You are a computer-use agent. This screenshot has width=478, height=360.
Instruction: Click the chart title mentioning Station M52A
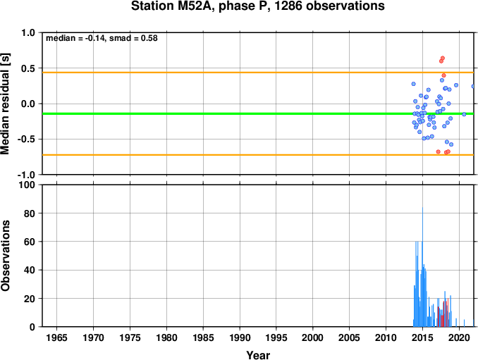pyautogui.click(x=257, y=6)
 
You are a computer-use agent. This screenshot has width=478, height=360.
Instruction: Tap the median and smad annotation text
pyautogui.click(x=102, y=38)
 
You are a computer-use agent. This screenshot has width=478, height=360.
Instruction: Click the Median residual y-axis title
pyautogui.click(x=5, y=104)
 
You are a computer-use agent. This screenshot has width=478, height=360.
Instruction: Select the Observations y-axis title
pyautogui.click(x=5, y=256)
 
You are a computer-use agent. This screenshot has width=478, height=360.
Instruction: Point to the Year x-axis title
pyautogui.click(x=258, y=355)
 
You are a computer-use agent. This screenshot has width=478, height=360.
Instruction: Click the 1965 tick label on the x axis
pyautogui.click(x=56, y=337)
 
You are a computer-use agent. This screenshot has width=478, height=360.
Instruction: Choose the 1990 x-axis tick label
pyautogui.click(x=240, y=337)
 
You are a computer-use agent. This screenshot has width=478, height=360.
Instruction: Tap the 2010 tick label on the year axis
pyautogui.click(x=386, y=337)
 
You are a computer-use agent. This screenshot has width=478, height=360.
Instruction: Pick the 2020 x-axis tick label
pyautogui.click(x=459, y=337)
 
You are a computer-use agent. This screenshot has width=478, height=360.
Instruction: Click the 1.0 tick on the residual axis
pyautogui.click(x=28, y=32)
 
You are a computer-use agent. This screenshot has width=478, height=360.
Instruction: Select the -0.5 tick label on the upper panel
pyautogui.click(x=26, y=139)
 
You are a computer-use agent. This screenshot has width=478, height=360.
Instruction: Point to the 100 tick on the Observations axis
pyautogui.click(x=27, y=185)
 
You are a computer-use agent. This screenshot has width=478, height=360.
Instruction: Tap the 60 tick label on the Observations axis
pyautogui.click(x=30, y=242)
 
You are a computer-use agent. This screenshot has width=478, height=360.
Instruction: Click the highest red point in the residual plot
pyautogui.click(x=443, y=58)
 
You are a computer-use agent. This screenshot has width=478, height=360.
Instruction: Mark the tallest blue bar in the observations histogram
pyautogui.click(x=422, y=267)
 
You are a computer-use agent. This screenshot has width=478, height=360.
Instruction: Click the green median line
pyautogui.click(x=258, y=113)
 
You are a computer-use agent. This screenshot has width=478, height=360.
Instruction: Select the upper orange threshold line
pyautogui.click(x=258, y=73)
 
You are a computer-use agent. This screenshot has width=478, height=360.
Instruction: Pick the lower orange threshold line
pyautogui.click(x=258, y=155)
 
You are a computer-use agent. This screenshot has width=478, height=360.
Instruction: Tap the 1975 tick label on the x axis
pyautogui.click(x=130, y=337)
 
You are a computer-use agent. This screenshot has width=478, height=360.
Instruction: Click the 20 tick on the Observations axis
pyautogui.click(x=30, y=299)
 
